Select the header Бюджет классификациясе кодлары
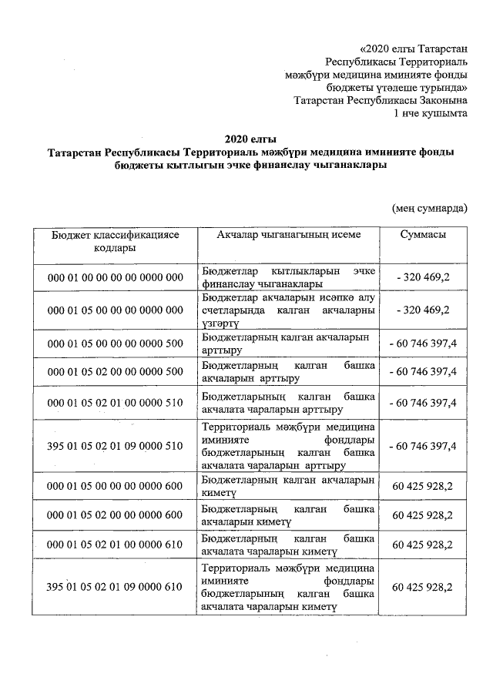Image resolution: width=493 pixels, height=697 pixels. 115,241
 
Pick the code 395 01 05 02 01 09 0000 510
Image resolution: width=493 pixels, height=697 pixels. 115,445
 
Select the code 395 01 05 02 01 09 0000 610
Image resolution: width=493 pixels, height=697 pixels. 115,587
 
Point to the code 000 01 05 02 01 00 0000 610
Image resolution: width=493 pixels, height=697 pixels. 115,544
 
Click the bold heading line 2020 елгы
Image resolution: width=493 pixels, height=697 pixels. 246,139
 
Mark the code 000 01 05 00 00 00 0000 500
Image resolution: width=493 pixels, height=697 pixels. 115,343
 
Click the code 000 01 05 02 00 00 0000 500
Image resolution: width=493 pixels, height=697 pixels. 115,372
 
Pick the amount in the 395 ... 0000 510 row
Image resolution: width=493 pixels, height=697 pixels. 423,445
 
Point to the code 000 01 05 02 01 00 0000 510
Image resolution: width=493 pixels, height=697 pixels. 115,402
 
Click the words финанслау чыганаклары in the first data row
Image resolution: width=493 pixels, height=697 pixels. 261,284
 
